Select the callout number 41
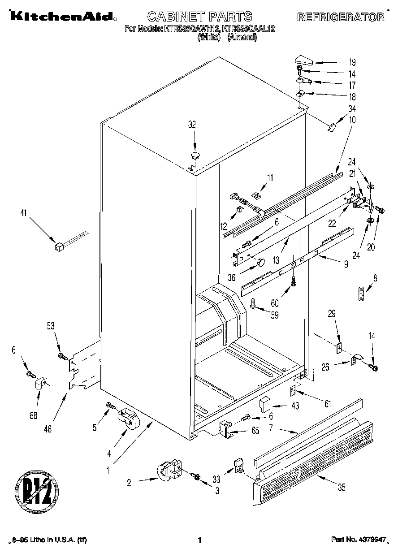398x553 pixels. tap(23, 214)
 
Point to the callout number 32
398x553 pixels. tap(192, 125)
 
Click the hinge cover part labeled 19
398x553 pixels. tap(305, 60)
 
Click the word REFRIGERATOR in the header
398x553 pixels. tap(341, 17)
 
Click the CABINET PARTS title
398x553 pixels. tap(199, 17)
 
